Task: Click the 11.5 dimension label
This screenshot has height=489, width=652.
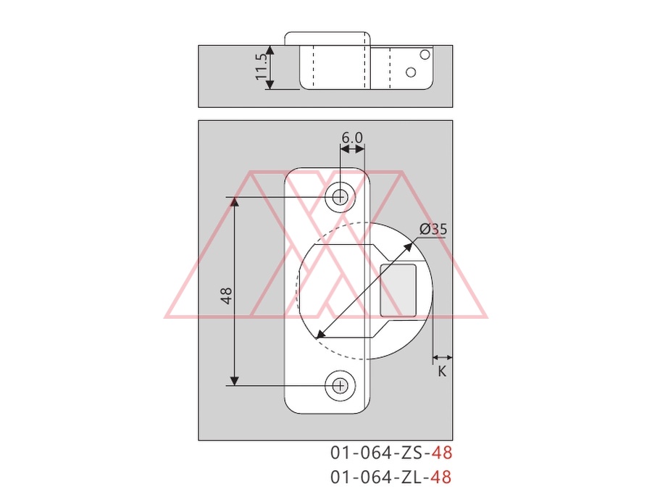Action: pyautogui.click(x=261, y=67)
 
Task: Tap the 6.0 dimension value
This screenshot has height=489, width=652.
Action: pyautogui.click(x=352, y=137)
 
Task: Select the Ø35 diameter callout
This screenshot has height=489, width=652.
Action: pyautogui.click(x=433, y=229)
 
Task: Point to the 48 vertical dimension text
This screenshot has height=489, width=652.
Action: pyautogui.click(x=227, y=296)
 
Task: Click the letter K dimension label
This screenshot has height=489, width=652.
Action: pyautogui.click(x=442, y=372)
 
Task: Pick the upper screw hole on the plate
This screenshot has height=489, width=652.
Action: pyautogui.click(x=340, y=196)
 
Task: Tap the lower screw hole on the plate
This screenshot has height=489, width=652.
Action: pyautogui.click(x=340, y=386)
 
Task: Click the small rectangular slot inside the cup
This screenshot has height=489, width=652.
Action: pyautogui.click(x=398, y=291)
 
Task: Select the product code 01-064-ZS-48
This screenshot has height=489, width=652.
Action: pyautogui.click(x=391, y=453)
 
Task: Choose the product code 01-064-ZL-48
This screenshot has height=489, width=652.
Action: pyautogui.click(x=391, y=477)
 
